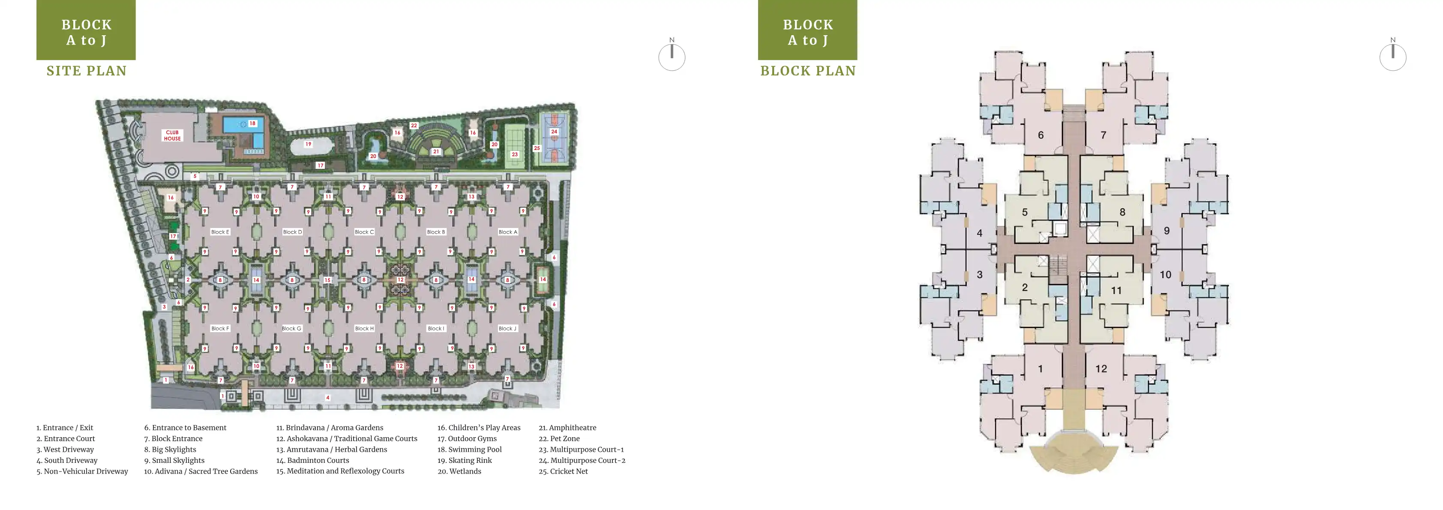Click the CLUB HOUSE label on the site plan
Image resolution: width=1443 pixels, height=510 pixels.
(x=172, y=135)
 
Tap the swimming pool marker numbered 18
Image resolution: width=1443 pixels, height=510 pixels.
(x=252, y=123)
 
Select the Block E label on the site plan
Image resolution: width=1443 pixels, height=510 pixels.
(x=220, y=232)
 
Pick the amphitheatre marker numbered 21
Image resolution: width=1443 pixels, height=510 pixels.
(x=436, y=152)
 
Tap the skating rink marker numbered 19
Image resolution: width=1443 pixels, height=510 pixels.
(x=308, y=144)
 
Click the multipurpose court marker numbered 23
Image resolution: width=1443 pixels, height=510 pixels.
(x=515, y=155)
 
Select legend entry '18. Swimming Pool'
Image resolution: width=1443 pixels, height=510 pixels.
(x=469, y=450)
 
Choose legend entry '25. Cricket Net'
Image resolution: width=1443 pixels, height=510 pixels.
(x=563, y=471)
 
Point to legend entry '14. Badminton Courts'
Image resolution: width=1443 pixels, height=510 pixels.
(x=312, y=461)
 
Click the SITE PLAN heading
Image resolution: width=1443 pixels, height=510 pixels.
(x=87, y=71)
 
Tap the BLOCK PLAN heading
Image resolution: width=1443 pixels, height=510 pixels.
(x=808, y=71)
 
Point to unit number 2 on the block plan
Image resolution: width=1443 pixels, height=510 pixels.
(x=1025, y=288)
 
